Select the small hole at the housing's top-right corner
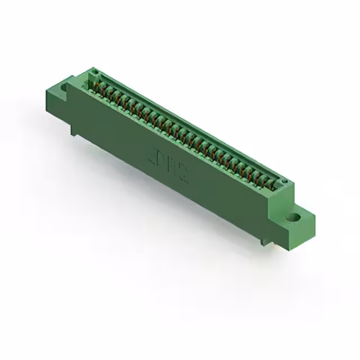(284, 182)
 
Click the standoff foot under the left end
(73, 130)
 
